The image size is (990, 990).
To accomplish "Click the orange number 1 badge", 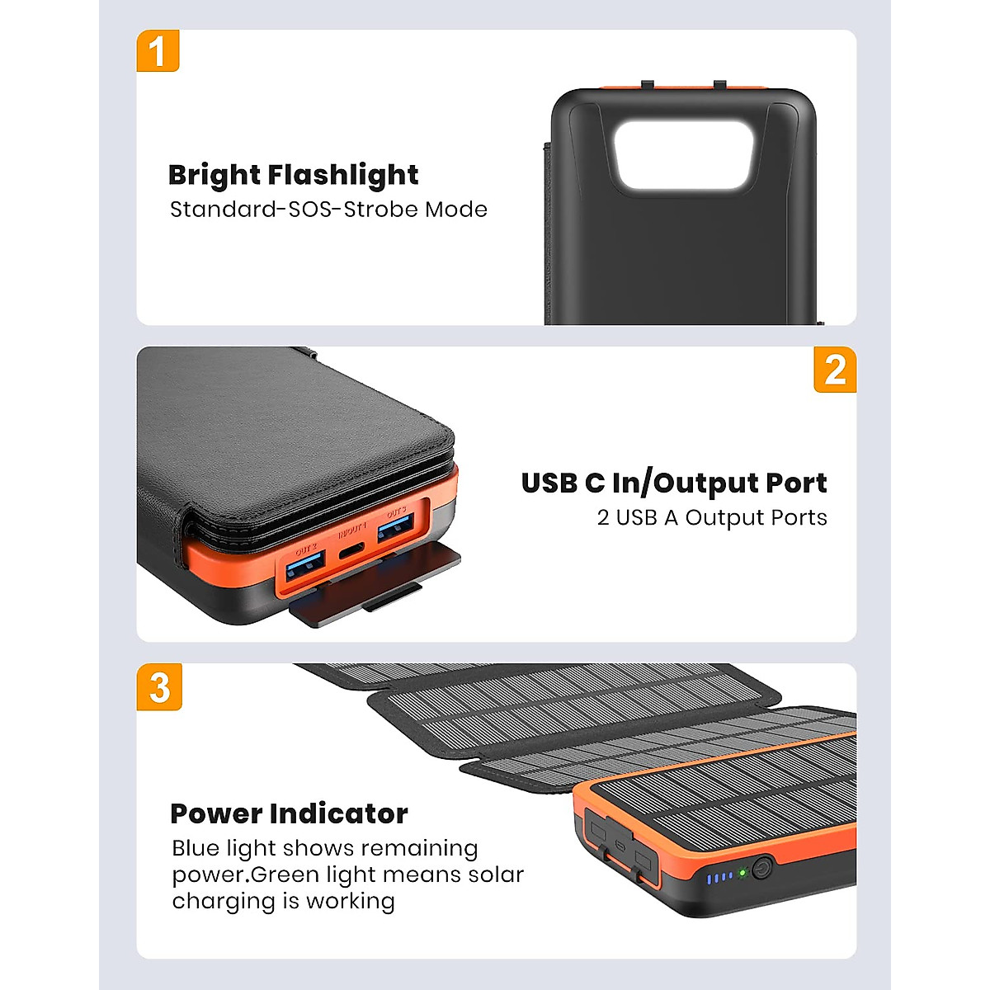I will pyautogui.click(x=158, y=51).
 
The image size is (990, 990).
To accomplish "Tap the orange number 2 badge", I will pyautogui.click(x=834, y=369).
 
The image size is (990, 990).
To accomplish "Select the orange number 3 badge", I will pyautogui.click(x=159, y=687).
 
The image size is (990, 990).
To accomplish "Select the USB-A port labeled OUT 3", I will pyautogui.click(x=396, y=529).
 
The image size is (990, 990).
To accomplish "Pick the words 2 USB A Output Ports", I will pyautogui.click(x=711, y=518).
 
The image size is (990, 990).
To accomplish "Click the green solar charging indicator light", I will pyautogui.click(x=742, y=872).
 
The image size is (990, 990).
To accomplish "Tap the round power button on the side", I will pyautogui.click(x=761, y=869).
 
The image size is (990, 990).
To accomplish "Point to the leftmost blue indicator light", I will pyautogui.click(x=709, y=879).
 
